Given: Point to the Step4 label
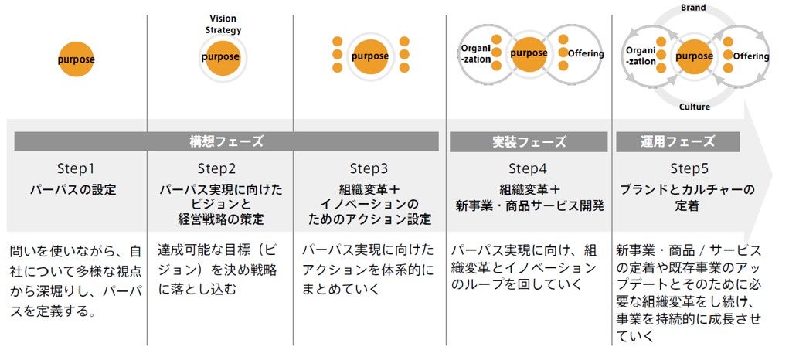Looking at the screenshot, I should coord(527,168).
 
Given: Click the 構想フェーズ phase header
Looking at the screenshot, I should coord(226,142).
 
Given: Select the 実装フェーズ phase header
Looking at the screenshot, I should coord(529,142).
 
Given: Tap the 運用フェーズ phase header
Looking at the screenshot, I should coord(677,142).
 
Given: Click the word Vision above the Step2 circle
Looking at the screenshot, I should coord(223,19).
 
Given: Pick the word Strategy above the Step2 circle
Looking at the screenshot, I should coord(223,30).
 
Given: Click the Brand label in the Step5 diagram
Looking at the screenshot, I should coord(693,8).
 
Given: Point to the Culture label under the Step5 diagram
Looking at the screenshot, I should coord(694,107).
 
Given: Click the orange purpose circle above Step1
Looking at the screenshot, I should coord(76,58).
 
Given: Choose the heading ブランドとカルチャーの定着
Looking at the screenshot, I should coord(688,197).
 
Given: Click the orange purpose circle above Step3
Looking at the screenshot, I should coord(369,56).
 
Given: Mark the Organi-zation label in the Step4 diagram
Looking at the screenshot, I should coord(476,53).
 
